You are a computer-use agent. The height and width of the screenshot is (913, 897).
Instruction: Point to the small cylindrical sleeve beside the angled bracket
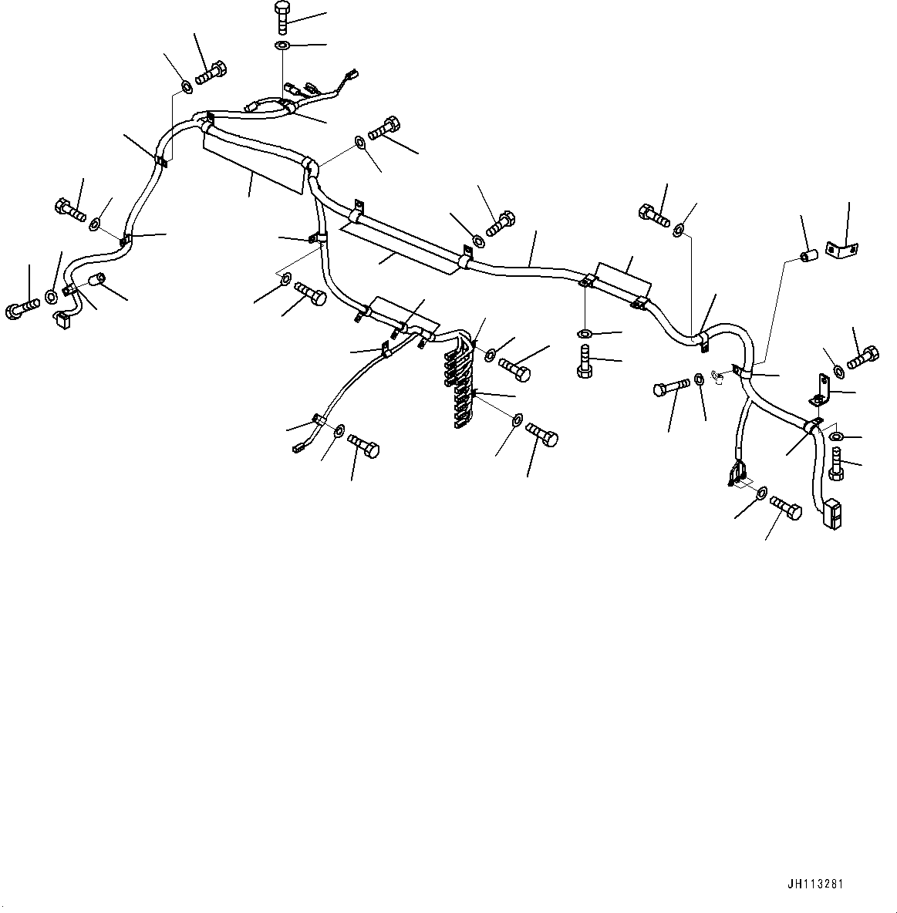pos(808,255)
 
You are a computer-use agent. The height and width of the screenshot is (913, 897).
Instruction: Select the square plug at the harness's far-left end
pos(61,318)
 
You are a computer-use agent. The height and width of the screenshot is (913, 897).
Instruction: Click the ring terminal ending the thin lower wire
pos(298,446)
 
